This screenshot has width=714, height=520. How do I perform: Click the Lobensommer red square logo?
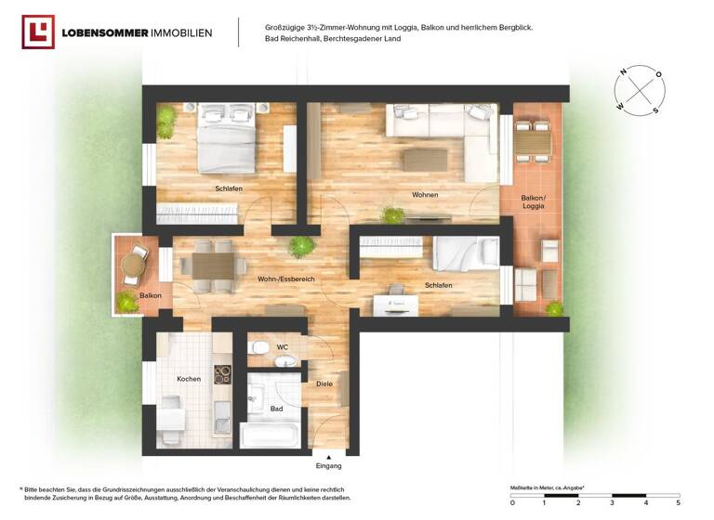point(38,32)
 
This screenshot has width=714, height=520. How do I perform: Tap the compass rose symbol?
point(640,90)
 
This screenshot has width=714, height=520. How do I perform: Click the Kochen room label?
point(189,379)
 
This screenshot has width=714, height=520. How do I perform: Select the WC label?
point(283,347)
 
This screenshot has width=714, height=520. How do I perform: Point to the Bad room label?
point(276,408)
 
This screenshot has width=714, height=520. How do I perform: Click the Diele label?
point(324,383)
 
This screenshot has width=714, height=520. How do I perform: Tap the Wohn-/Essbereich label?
point(286,279)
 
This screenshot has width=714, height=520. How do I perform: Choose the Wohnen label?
point(425,195)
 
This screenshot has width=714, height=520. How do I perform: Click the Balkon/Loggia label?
point(534,201)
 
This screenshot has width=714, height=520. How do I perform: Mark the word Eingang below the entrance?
point(328,465)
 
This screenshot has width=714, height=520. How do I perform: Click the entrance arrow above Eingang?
point(328,454)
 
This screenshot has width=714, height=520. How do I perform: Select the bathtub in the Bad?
point(270,435)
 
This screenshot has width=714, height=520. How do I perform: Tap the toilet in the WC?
point(261,347)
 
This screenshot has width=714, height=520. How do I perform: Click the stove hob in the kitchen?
point(223,374)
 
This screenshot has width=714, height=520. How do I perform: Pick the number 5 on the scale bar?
point(679,502)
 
